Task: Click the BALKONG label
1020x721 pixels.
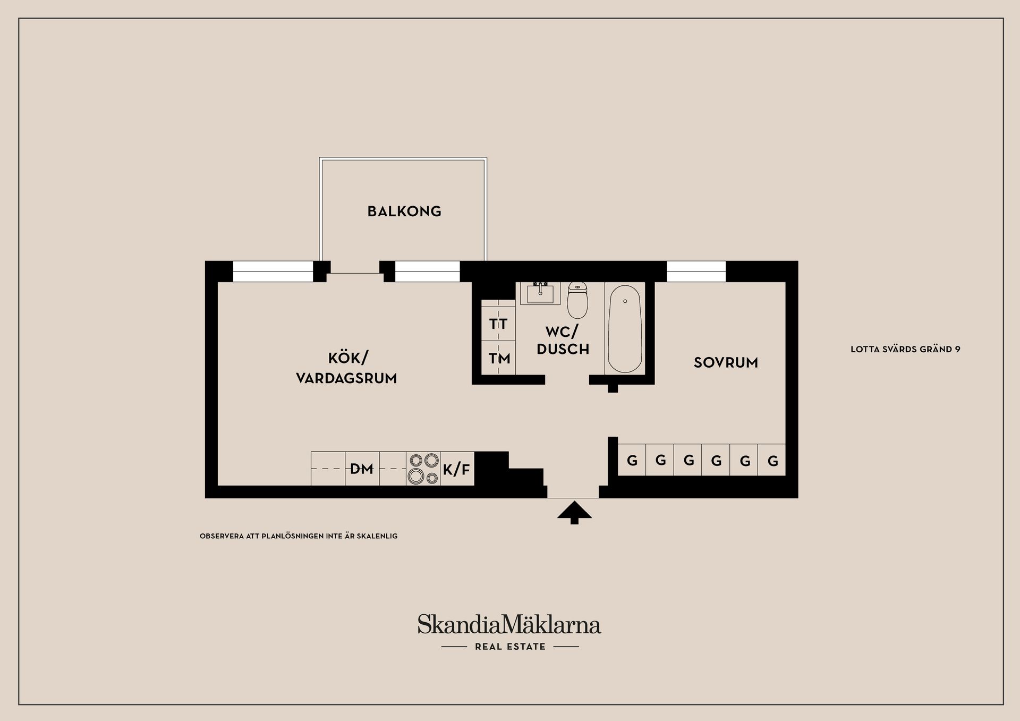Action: [x=404, y=211]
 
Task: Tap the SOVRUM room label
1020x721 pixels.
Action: [x=726, y=363]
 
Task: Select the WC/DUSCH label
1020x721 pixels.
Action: [x=563, y=341]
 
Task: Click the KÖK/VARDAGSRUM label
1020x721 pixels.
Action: [x=346, y=368]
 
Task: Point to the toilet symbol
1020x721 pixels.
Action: [x=577, y=300]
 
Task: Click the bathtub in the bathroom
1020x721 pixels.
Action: [x=625, y=329]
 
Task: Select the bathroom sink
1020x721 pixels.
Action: [x=540, y=293]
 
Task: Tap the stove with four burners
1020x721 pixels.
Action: [x=423, y=469]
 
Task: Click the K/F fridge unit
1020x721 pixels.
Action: [x=457, y=469]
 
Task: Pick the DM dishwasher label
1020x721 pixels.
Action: [x=362, y=469]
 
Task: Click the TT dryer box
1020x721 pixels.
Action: [x=498, y=324]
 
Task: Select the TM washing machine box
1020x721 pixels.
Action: [x=499, y=359]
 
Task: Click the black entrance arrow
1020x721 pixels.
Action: [x=574, y=513]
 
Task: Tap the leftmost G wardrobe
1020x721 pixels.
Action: [x=632, y=460]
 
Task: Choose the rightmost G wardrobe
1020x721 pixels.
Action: [x=772, y=460]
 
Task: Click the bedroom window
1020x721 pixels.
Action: [x=696, y=272]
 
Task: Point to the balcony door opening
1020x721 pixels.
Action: [x=355, y=272]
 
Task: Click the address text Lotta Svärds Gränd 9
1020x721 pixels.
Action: [x=905, y=350]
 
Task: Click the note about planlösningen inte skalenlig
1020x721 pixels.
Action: [x=299, y=536]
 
